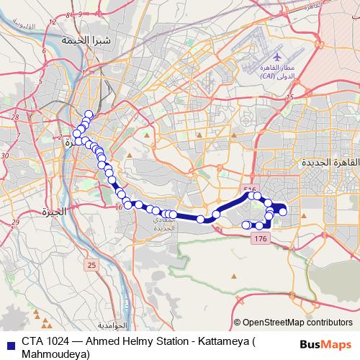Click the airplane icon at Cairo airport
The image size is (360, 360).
279,56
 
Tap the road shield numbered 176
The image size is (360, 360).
261,238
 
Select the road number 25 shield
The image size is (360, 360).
91,266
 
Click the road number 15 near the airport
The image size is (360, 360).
290,96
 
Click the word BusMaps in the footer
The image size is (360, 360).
326,344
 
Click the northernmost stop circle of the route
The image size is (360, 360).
89,114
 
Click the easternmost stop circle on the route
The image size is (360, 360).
283,211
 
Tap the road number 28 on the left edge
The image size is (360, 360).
14,115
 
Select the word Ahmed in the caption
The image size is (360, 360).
104,341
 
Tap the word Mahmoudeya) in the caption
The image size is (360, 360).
56,354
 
